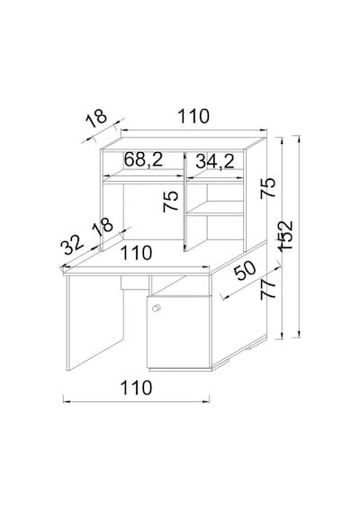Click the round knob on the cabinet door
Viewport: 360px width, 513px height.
pos(157,308)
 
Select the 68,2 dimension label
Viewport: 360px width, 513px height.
pos(143,159)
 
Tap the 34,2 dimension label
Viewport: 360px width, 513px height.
pos(215,161)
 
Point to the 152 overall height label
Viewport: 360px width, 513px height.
pos(284,236)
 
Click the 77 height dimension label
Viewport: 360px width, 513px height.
pos(268,288)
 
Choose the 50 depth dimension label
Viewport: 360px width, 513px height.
pos(246,270)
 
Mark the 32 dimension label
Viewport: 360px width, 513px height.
pos(74,245)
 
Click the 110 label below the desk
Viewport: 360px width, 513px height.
pos(137,388)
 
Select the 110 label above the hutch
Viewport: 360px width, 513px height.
pos(193,116)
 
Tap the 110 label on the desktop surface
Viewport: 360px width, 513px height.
pos(137,253)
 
